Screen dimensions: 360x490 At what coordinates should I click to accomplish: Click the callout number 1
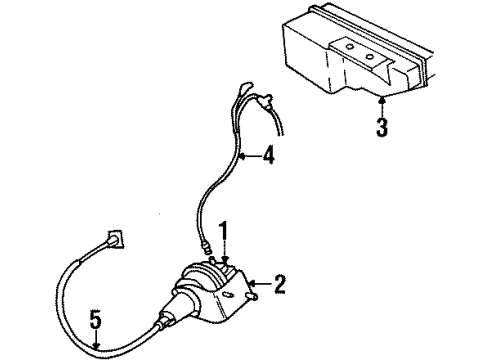pyautogui.click(x=226, y=232)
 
